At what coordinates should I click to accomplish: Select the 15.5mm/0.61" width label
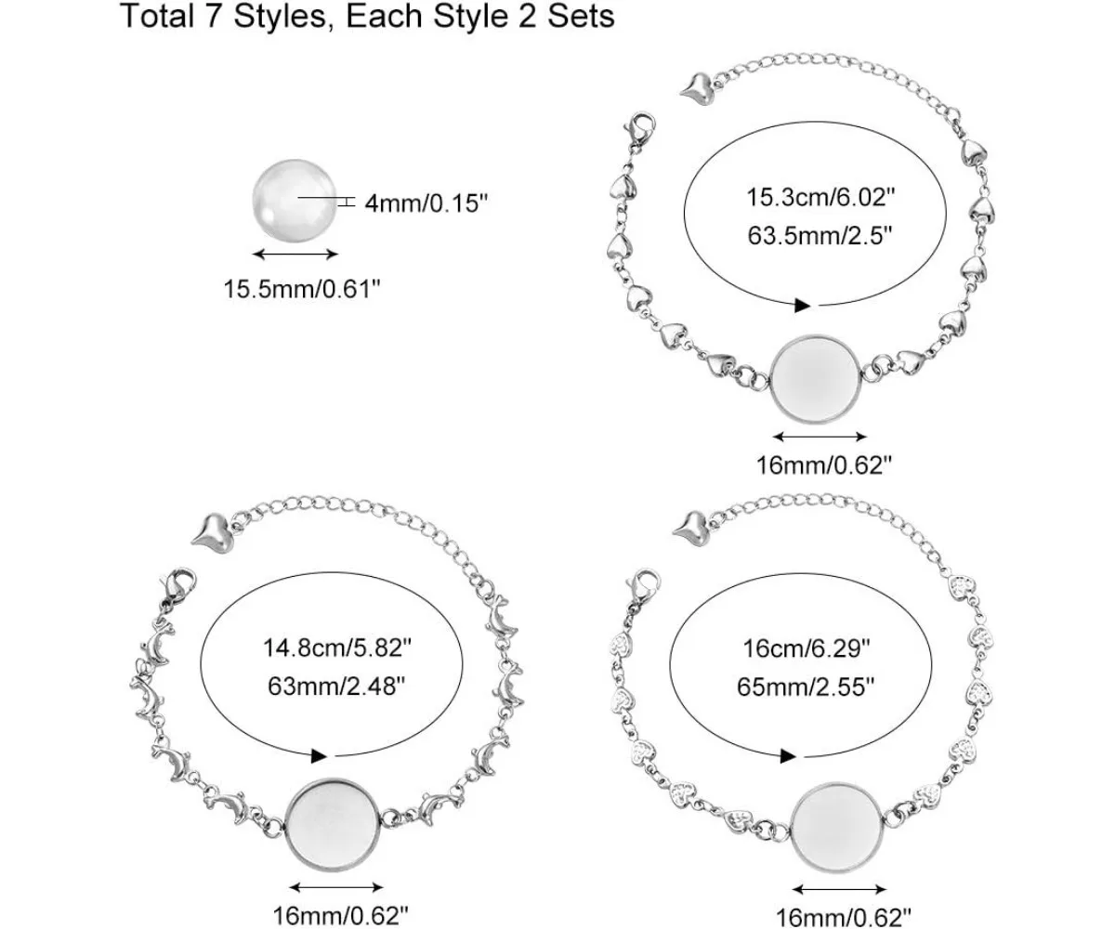click(x=302, y=289)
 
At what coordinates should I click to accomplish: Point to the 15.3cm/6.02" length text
click(x=820, y=197)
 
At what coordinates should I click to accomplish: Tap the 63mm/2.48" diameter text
click(x=337, y=687)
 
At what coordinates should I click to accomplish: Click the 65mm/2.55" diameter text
click(x=806, y=687)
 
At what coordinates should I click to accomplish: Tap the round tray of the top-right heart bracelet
click(x=817, y=377)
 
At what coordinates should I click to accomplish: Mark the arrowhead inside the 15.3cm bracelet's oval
click(x=802, y=305)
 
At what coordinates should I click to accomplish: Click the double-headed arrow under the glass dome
click(x=295, y=254)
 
